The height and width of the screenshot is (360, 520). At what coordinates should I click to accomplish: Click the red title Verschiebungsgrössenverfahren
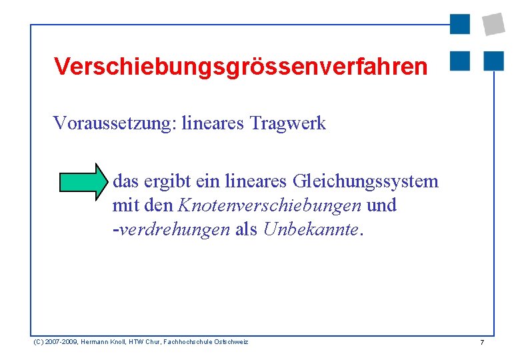pos(241,67)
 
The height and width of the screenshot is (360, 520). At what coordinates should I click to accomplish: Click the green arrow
pos(83,182)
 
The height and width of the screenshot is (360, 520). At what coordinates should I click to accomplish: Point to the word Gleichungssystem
pos(365,181)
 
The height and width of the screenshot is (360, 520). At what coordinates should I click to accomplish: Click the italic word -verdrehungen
pos(171,229)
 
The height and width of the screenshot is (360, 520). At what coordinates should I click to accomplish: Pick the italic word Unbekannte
pos(311,229)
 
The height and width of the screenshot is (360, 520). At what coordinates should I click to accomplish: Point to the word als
pos(246,229)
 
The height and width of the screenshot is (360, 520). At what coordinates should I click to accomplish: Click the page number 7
pos(481,342)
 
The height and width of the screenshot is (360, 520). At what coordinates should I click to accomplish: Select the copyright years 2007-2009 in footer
pos(61,341)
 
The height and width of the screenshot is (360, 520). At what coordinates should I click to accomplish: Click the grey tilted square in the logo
pos(494,24)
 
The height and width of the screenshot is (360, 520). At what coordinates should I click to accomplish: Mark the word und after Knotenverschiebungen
pos(381,205)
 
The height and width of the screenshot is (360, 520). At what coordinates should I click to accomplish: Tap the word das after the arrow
pos(125,181)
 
